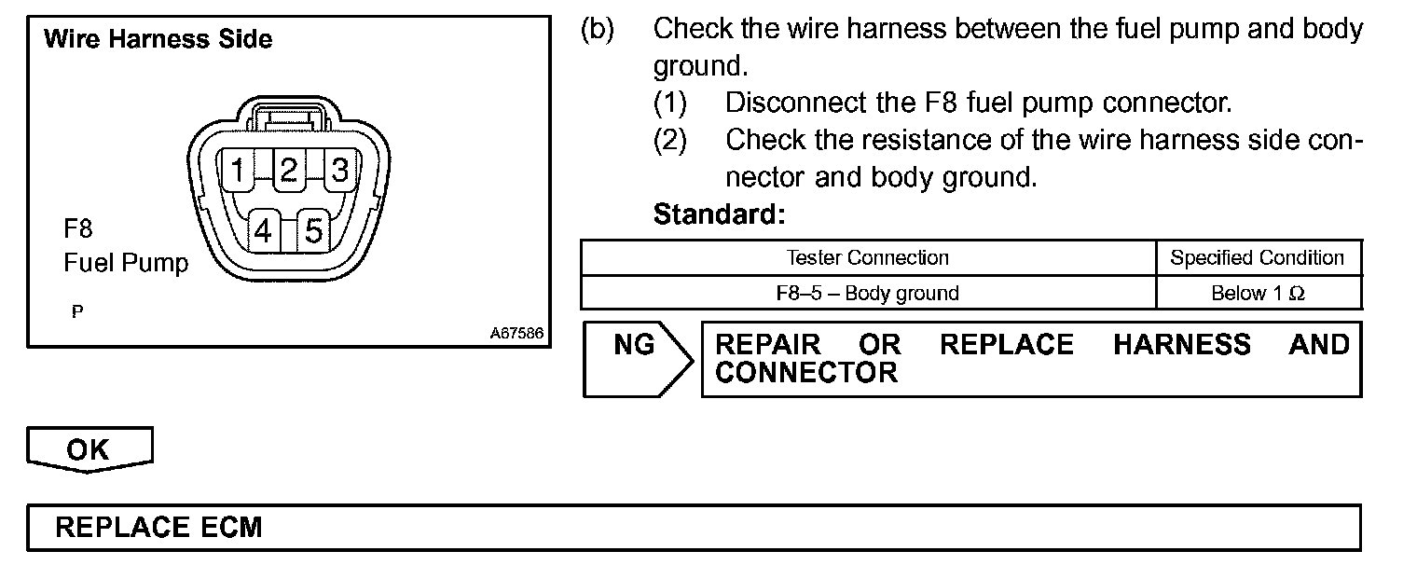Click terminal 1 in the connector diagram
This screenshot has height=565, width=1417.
pos(239,171)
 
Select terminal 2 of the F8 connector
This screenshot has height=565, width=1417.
pos(289,171)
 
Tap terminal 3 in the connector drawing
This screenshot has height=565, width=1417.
pos(339,171)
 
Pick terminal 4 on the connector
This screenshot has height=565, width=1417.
pos(264,229)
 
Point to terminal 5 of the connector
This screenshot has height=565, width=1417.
pos(314,229)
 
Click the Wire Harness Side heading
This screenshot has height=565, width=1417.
pos(158,39)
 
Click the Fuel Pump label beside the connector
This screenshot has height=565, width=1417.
pos(126,263)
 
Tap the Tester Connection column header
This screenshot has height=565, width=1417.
pos(867,258)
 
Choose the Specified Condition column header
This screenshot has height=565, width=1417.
pos(1258,258)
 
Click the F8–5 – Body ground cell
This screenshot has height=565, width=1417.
pos(867,293)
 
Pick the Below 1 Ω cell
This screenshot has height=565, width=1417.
pos(1258,293)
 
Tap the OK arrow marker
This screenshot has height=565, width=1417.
pos(89,449)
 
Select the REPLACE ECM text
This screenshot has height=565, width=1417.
pos(159,528)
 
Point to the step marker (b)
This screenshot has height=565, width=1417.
pos(598,29)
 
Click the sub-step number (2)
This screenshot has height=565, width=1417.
pos(669,140)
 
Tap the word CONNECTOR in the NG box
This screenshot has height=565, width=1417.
pos(806,373)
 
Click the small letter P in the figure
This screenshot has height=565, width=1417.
pos(76,312)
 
